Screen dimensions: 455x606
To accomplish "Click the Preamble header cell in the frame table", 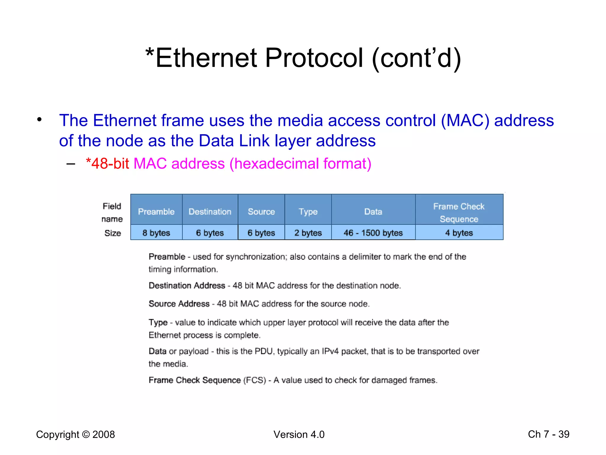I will [156, 212].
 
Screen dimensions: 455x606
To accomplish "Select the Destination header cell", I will [210, 212].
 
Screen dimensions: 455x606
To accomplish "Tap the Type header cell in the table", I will [308, 212].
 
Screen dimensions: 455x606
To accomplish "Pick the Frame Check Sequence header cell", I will [459, 212].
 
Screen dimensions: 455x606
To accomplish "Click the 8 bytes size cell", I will [156, 233].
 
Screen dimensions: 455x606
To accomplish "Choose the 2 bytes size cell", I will [308, 233].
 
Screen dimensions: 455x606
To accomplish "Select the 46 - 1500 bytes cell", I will [373, 233].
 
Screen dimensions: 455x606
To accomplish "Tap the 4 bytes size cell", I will [459, 233].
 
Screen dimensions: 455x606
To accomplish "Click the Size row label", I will [112, 233].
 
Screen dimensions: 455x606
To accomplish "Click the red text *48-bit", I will [107, 164].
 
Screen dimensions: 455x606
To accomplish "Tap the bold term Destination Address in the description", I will [187, 286].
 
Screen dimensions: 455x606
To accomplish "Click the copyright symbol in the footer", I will [86, 435].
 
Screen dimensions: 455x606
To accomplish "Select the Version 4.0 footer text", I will [299, 435].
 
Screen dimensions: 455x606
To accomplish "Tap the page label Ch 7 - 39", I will [549, 434].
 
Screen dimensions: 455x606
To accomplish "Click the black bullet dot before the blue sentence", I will [39, 120].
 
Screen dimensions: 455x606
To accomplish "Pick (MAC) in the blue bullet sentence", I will [465, 121].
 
